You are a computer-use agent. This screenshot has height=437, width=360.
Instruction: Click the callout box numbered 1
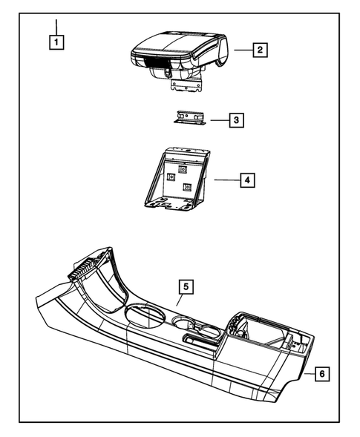56,42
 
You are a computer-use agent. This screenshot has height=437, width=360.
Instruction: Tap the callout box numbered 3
235,119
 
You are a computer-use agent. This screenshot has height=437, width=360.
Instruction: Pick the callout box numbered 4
247,180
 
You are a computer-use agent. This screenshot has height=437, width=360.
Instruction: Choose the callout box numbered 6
321,375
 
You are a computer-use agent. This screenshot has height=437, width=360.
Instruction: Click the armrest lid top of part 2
178,42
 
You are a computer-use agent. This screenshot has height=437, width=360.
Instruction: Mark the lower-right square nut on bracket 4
188,187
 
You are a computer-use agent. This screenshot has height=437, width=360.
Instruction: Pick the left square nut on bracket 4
171,177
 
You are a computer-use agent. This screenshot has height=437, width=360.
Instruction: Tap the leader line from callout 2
243,50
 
